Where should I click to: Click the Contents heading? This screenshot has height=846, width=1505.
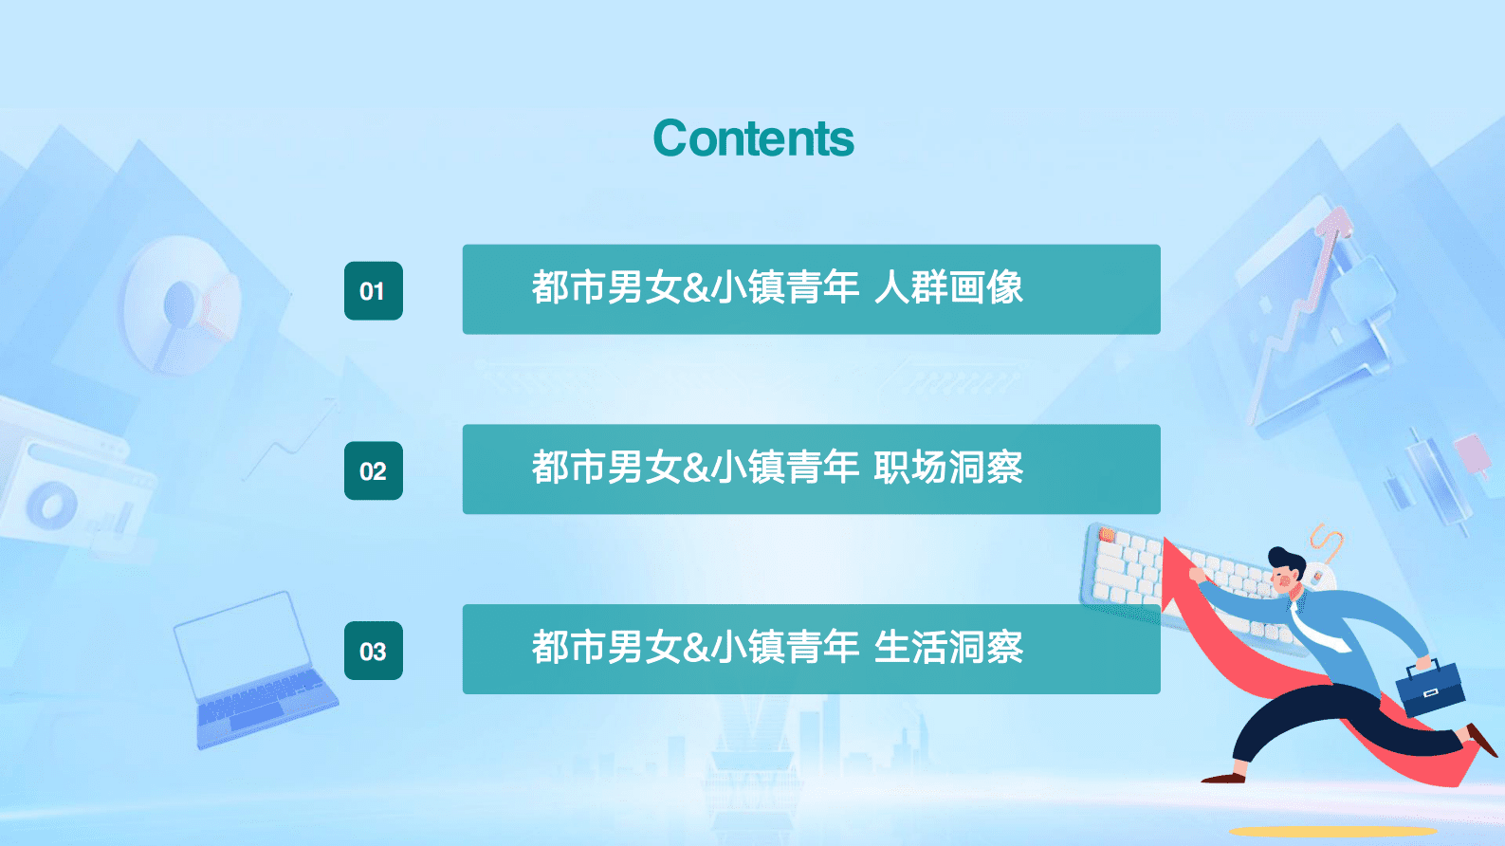[753, 138]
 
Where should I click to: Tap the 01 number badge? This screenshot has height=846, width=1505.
[373, 291]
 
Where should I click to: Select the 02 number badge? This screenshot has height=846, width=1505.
[373, 471]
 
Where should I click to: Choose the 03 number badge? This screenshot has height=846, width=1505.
[373, 652]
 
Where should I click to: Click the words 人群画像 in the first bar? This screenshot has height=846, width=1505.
[948, 287]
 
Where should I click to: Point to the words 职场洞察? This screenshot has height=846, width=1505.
[948, 468]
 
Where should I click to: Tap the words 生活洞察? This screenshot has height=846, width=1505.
[948, 648]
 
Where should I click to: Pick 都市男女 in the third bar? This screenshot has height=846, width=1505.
[606, 648]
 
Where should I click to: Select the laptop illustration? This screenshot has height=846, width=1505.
[251, 669]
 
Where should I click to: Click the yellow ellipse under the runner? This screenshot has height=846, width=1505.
[1332, 832]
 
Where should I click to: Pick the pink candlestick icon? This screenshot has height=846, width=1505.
[1471, 453]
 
